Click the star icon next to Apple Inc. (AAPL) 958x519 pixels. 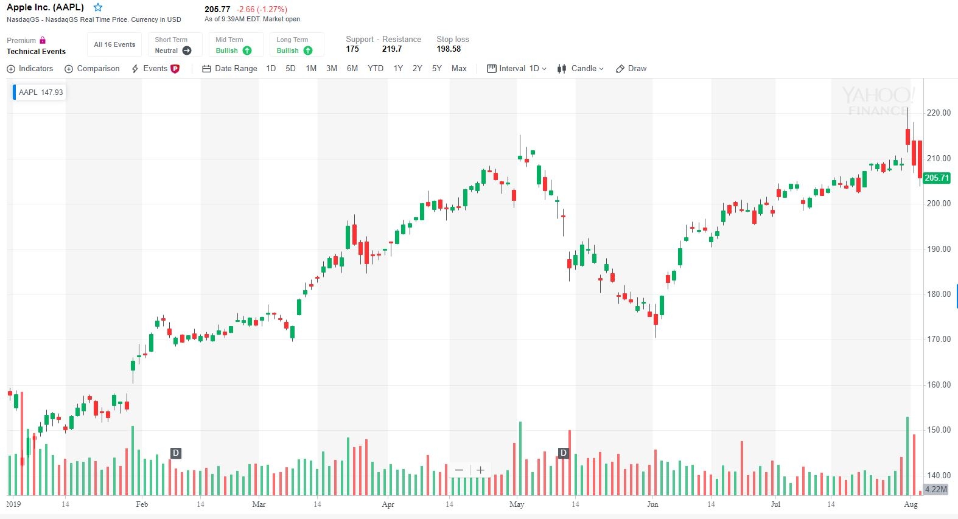pos(98,8)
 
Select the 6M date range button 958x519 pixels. pos(352,69)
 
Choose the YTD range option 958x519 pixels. pos(376,69)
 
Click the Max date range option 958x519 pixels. pos(459,69)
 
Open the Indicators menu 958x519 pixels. pos(30,69)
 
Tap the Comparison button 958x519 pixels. pos(93,69)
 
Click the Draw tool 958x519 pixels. pos(631,69)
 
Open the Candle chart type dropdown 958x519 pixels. pos(581,69)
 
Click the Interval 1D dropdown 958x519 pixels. pos(517,69)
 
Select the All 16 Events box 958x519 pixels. pos(114,44)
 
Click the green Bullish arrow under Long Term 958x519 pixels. pos(308,51)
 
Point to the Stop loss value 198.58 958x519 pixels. pos(449,49)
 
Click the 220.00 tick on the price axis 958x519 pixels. pos(938,113)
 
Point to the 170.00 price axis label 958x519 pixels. pos(938,340)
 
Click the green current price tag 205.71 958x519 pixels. pos(936,178)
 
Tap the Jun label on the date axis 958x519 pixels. pos(652,504)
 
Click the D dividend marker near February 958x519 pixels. pos(176,453)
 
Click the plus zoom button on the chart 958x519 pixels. pos(480,470)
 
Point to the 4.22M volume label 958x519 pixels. pos(935,489)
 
